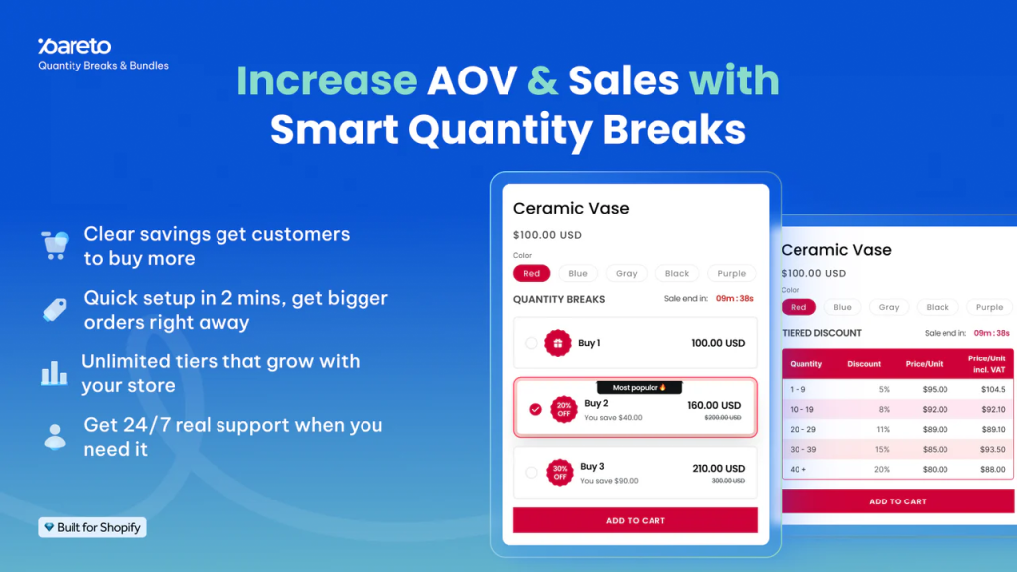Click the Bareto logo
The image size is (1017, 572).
(x=74, y=46)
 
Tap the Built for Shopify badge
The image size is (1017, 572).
(x=92, y=527)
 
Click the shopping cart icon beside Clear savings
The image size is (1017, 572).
(x=54, y=244)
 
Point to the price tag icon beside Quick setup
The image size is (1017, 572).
(x=54, y=309)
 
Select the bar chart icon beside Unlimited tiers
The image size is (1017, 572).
(x=54, y=373)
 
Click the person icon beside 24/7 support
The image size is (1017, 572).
(x=54, y=436)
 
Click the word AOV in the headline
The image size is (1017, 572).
(x=472, y=81)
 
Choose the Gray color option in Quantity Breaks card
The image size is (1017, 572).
(x=626, y=273)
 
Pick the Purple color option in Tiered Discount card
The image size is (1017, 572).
(x=989, y=307)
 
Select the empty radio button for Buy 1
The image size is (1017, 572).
(x=531, y=343)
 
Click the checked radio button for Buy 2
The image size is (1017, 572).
(x=536, y=409)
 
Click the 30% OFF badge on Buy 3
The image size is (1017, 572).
(x=560, y=472)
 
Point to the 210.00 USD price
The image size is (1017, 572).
(x=718, y=468)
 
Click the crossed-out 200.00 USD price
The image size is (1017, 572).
(x=723, y=418)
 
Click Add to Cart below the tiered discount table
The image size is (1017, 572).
(x=897, y=501)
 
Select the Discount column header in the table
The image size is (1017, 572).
(x=864, y=364)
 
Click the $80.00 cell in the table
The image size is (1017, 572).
(x=934, y=469)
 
